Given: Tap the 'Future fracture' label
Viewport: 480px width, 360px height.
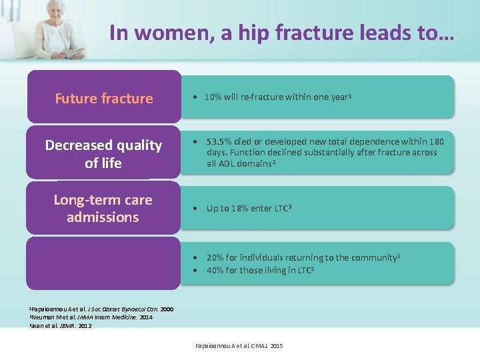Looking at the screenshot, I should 103,99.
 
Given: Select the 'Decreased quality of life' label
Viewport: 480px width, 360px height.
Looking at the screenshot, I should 103,153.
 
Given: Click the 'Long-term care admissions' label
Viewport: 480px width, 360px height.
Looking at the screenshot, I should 103,208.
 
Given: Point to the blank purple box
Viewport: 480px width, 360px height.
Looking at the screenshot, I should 103,263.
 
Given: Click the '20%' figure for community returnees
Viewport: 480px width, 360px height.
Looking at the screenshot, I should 215,257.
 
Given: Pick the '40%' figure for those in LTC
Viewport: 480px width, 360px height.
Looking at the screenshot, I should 215,270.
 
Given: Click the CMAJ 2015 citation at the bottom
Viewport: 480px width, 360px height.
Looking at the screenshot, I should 239,346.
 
